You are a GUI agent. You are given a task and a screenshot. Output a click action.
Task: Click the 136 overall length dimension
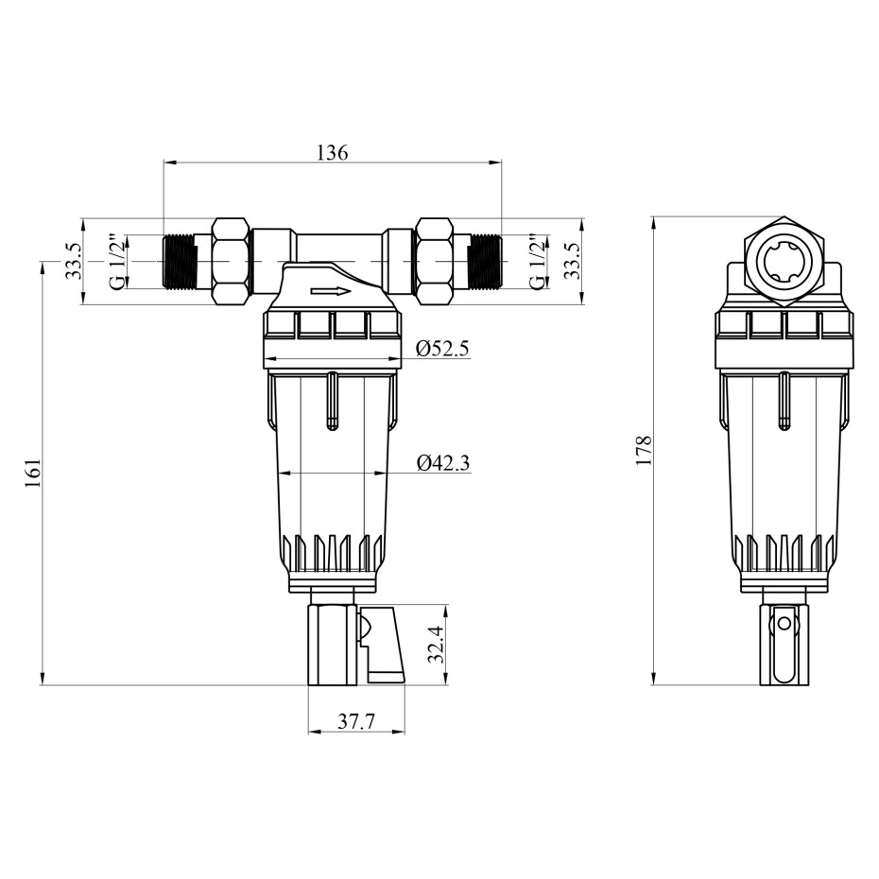coord(333,152)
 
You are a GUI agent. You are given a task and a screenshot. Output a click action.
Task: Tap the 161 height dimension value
coord(34,474)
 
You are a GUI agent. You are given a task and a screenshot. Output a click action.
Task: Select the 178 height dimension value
coord(644,450)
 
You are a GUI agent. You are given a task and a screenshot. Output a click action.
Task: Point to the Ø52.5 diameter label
coord(442,349)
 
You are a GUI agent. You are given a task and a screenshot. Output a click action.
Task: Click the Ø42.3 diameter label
coord(443,463)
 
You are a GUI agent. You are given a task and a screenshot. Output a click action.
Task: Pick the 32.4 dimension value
coord(436,644)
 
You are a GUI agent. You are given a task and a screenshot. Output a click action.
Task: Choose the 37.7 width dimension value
coord(356,721)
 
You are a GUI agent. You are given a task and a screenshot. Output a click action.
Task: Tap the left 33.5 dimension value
coord(74,261)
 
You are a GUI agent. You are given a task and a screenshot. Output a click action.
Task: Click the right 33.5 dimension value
coord(571,261)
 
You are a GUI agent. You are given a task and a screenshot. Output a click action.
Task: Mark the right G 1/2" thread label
coord(537,261)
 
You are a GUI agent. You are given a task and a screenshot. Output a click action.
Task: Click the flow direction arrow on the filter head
coord(331,291)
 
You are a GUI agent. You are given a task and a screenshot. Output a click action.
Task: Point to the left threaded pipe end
coord(179,261)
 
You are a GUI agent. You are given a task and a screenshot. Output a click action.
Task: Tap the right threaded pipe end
coord(486,261)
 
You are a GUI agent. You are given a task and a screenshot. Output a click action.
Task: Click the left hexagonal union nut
coord(231,261)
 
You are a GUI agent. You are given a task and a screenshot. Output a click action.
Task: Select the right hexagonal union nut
coord(434,261)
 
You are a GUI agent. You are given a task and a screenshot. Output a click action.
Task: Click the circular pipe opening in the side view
coord(784,261)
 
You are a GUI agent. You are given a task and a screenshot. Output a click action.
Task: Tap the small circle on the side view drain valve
coord(784,624)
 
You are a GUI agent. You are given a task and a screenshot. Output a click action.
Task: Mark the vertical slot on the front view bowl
coord(333,402)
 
